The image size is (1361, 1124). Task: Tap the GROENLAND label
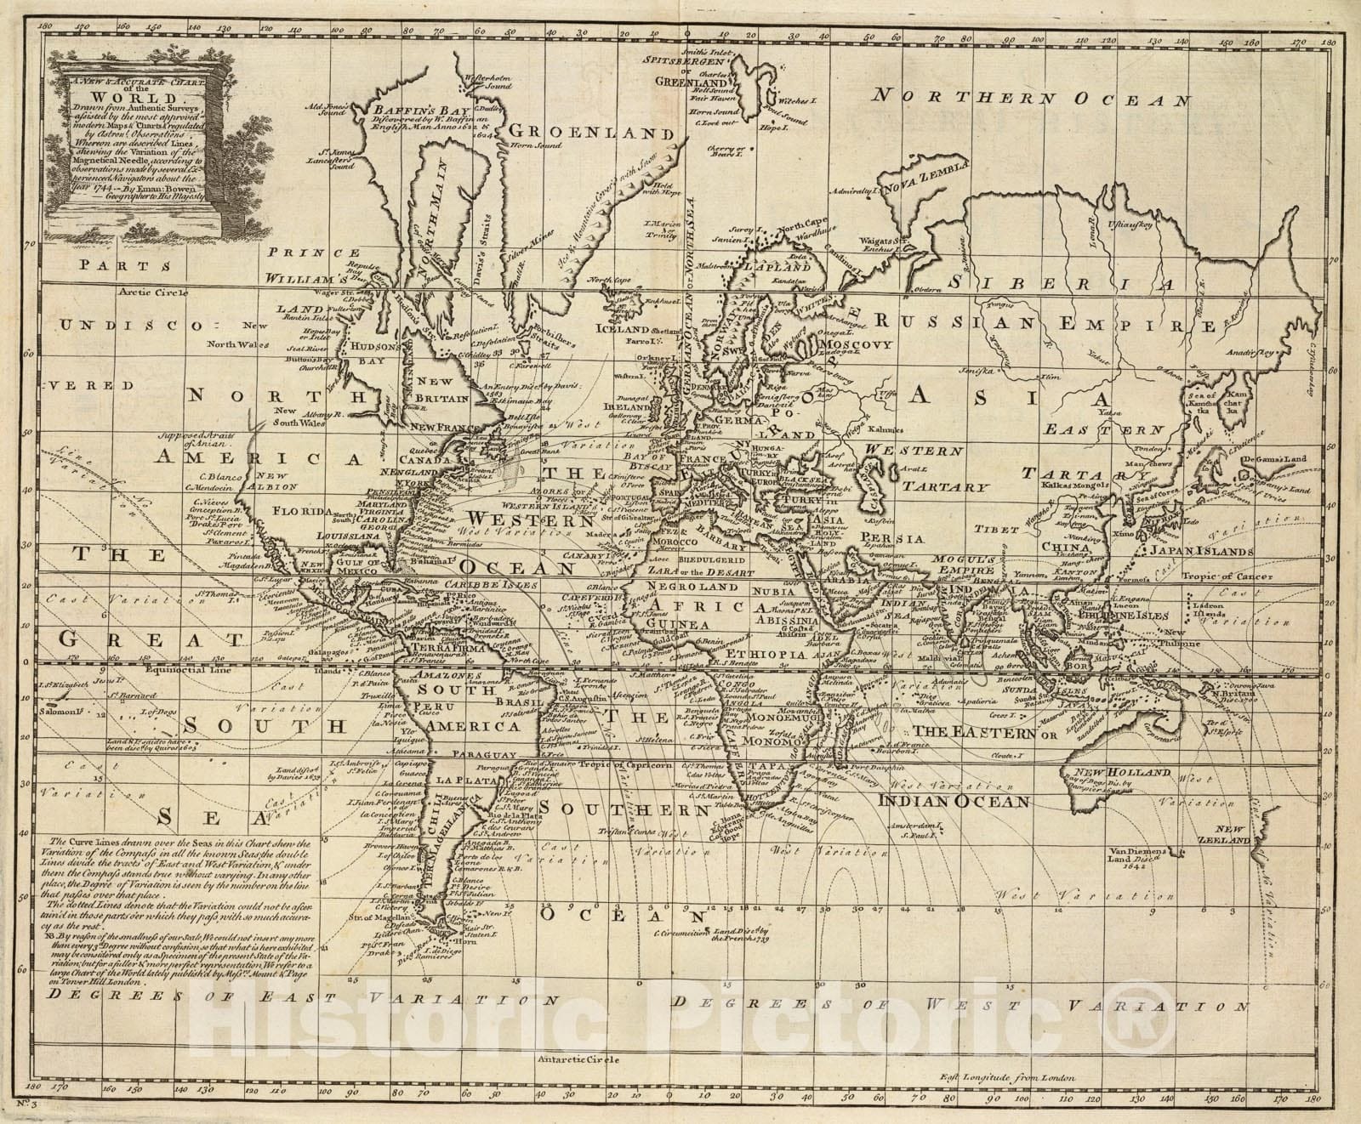point(579,133)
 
